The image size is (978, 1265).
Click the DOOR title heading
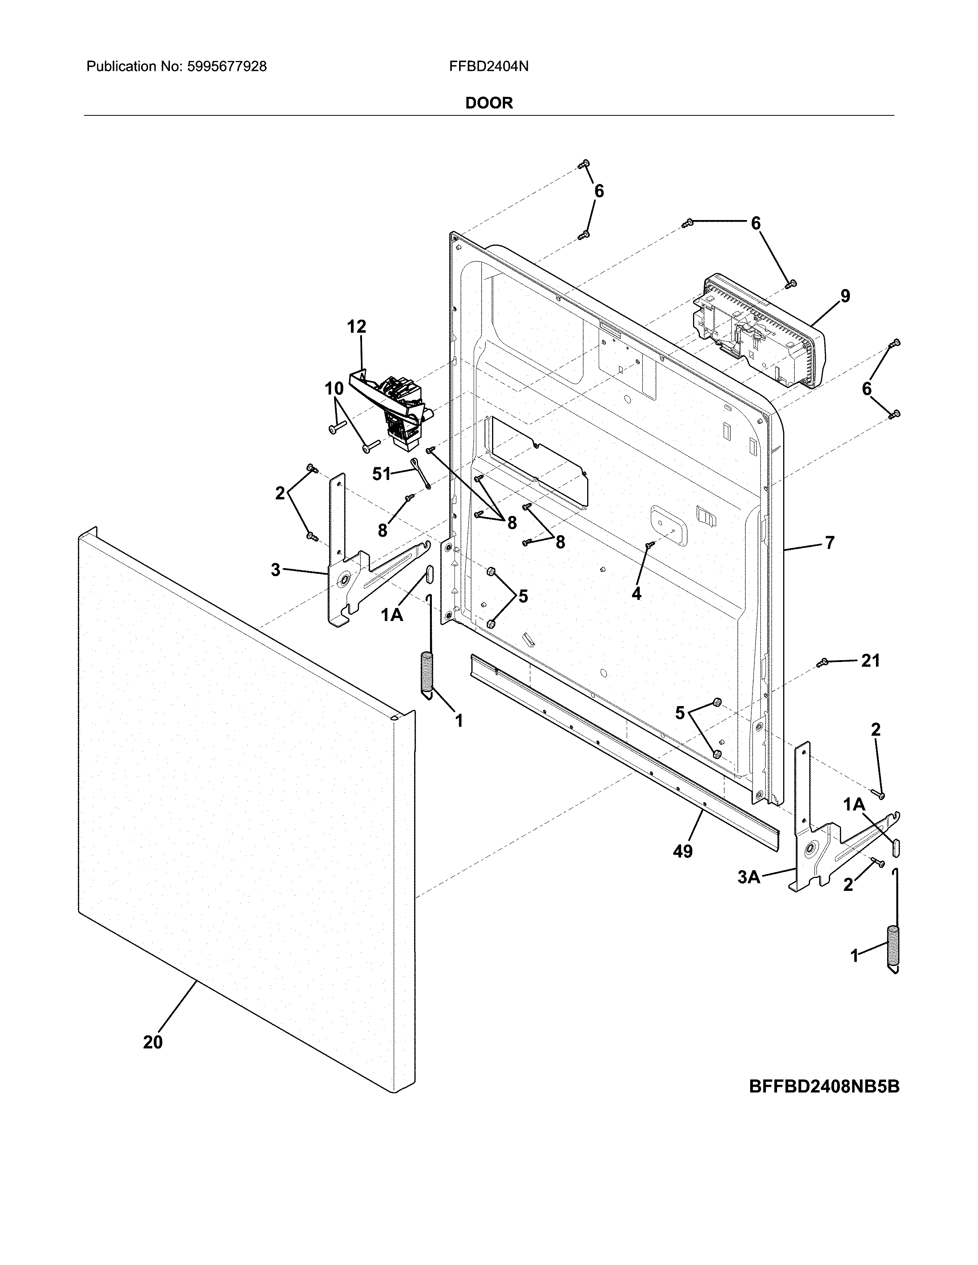click(489, 103)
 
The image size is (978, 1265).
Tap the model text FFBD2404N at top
click(488, 67)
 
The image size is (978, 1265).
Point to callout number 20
click(153, 1042)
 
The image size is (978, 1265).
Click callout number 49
click(683, 851)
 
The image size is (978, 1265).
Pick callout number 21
click(870, 660)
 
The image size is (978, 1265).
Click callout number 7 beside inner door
click(829, 543)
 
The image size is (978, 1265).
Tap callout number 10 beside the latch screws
click(334, 389)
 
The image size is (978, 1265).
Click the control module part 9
click(759, 333)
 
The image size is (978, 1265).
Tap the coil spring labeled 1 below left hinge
click(427, 672)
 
